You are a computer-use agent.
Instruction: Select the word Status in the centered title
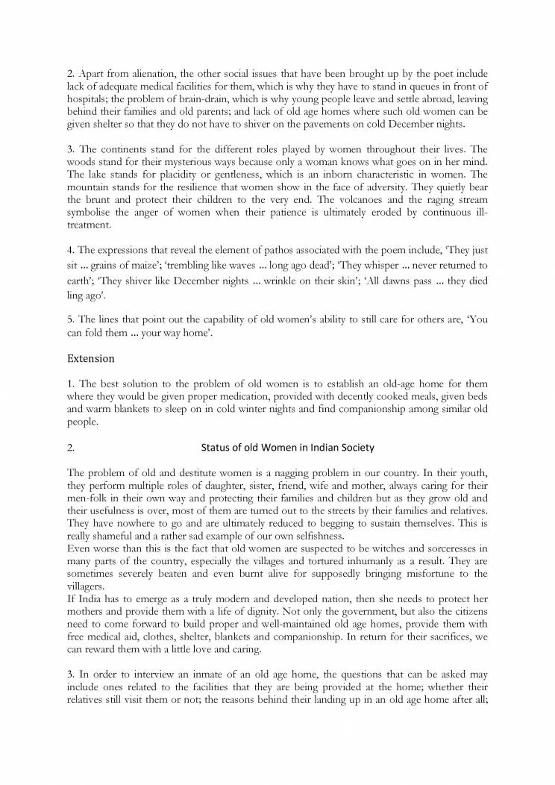click(215, 448)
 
